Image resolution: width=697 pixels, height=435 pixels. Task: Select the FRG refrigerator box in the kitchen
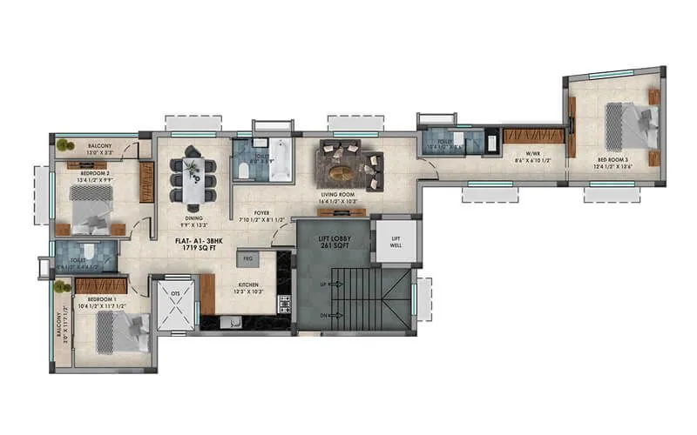247,259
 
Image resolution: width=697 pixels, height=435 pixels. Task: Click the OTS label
174,294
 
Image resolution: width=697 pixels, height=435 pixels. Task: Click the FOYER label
261,211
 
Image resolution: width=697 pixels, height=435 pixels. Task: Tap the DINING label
193,218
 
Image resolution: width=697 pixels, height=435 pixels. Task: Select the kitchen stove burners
283,304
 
